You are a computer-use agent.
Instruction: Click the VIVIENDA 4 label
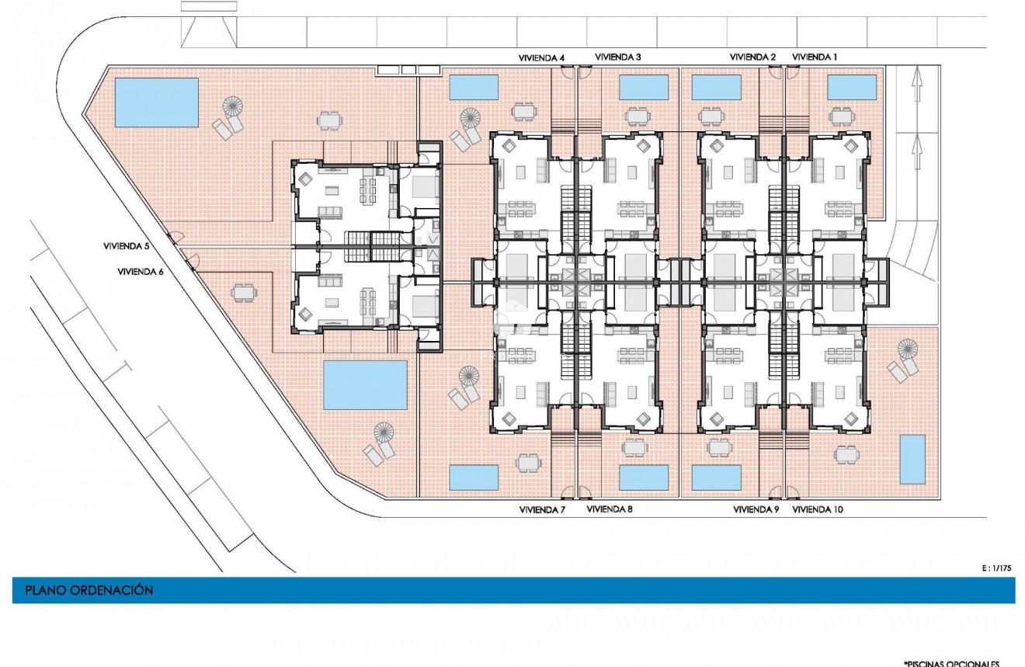[541, 57]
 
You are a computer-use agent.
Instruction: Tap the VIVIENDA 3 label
[618, 57]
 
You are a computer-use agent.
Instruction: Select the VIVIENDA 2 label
[752, 57]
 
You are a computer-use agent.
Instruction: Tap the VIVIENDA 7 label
[541, 510]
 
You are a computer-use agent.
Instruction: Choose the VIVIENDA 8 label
[610, 510]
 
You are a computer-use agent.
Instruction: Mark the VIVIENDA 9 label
[756, 510]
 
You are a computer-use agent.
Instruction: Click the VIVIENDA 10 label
[818, 510]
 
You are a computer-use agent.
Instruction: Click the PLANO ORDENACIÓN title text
[89, 591]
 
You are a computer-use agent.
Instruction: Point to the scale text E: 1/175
[997, 568]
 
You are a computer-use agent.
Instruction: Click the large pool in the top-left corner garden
[156, 102]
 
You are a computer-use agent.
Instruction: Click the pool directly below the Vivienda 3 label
[644, 88]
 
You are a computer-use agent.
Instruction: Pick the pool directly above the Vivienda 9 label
[716, 478]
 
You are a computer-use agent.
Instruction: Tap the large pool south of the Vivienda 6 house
[365, 384]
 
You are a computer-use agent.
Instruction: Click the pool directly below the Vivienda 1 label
[852, 88]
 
